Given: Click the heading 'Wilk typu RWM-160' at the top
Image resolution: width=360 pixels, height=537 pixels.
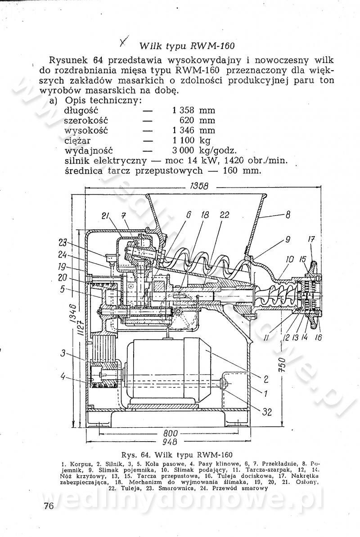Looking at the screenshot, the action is pos(187,46).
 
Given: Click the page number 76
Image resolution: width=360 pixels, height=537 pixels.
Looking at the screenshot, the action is pos(49,506).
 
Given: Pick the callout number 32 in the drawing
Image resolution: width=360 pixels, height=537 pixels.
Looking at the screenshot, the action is pos(267,412).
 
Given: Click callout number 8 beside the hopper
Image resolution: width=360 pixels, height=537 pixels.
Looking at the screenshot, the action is pos(288,215).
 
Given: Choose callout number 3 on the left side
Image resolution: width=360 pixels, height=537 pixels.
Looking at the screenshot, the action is pos(63,353).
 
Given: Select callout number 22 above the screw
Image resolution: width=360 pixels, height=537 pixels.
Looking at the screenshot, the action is pos(225,215).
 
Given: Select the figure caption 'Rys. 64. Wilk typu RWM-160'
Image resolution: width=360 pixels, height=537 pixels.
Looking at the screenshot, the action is pos(177,455).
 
